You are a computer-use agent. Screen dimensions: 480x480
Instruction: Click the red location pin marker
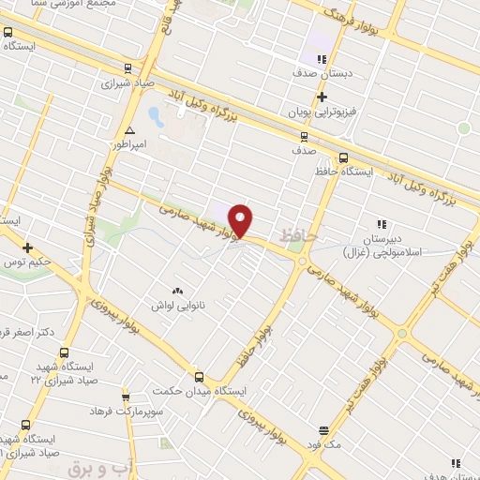point(241,220)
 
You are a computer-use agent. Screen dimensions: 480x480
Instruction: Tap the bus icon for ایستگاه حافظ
point(343,157)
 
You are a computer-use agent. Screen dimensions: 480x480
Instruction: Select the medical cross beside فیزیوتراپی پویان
point(322,97)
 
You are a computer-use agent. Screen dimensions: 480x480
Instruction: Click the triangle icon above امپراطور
point(129,131)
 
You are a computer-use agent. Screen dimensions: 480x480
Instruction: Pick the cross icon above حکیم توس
point(27,248)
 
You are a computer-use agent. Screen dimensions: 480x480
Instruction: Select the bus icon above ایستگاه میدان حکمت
point(198,376)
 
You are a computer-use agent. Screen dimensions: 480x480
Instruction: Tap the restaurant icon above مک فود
point(323,431)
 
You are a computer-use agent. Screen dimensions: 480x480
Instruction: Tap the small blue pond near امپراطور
point(156,118)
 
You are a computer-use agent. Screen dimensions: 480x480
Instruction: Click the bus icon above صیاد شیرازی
point(127,67)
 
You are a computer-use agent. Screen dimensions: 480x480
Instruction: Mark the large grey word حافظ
point(296,237)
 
